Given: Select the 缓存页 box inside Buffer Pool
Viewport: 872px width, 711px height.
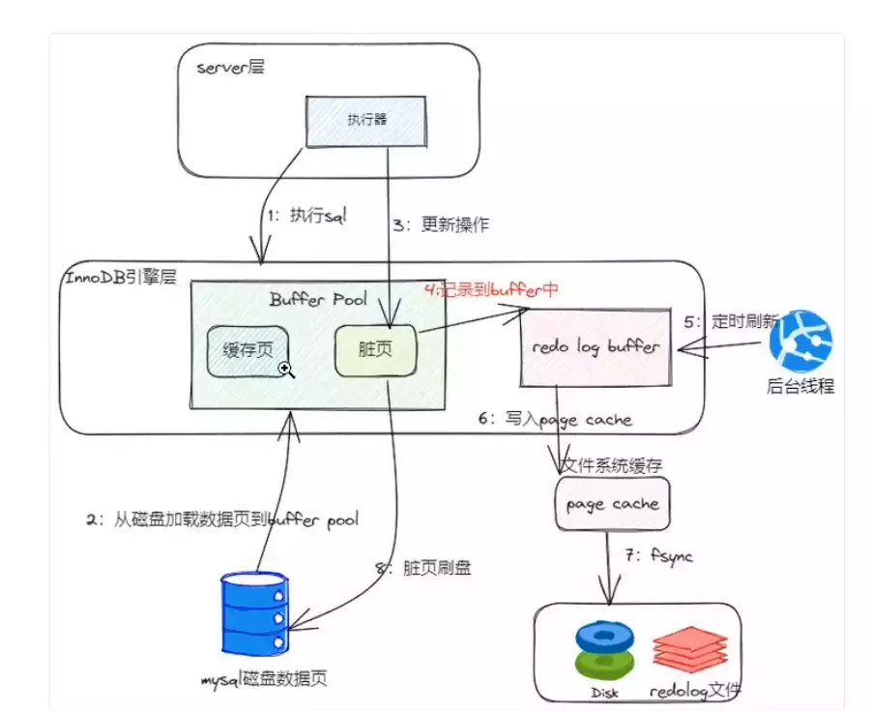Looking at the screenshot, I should [248, 351].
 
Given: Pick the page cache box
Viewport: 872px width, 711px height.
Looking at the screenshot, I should [612, 503].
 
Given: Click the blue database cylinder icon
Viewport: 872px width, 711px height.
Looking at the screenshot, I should [253, 613].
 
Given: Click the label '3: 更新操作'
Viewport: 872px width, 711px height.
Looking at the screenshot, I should [441, 225].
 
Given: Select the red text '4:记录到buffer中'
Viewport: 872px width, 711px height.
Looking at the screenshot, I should [491, 289].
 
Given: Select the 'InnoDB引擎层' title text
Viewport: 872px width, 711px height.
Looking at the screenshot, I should [121, 279].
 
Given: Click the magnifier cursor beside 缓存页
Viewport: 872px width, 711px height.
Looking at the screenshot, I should [286, 369].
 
